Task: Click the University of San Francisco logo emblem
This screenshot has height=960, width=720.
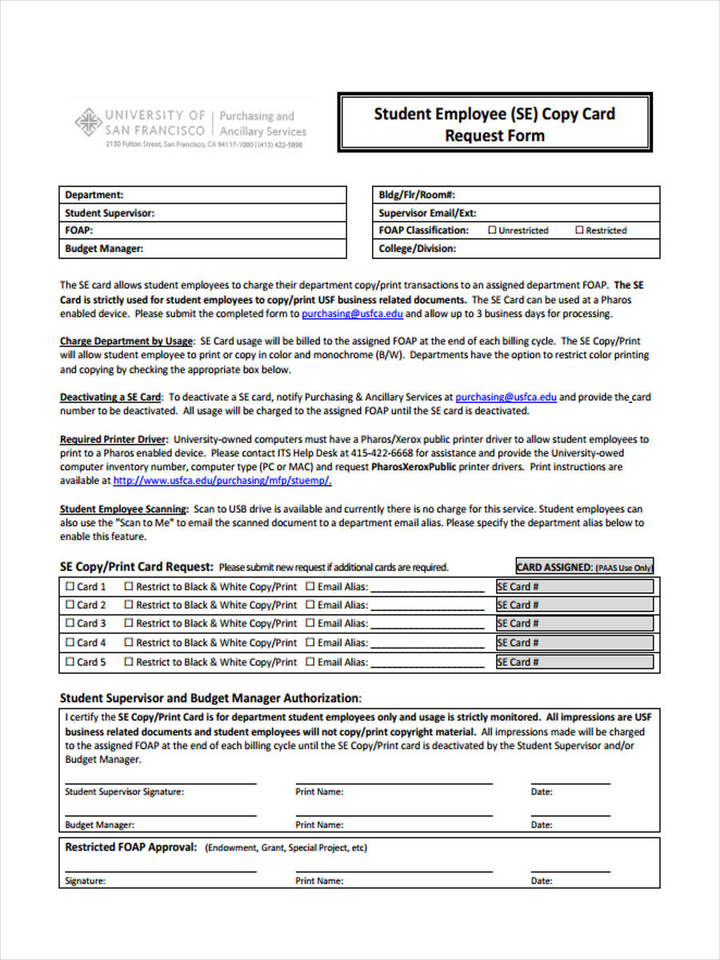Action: pyautogui.click(x=87, y=123)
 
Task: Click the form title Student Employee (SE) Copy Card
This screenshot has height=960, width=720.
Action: pyautogui.click(x=494, y=114)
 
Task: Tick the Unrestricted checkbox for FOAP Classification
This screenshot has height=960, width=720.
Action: pyautogui.click(x=492, y=230)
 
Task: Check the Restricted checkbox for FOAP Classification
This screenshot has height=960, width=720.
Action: pyautogui.click(x=579, y=230)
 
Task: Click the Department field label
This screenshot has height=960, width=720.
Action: pyautogui.click(x=94, y=194)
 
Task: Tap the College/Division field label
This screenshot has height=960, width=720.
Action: pyautogui.click(x=417, y=249)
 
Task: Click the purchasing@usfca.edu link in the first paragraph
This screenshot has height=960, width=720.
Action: pyautogui.click(x=352, y=314)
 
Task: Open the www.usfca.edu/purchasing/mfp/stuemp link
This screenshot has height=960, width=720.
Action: pyautogui.click(x=222, y=481)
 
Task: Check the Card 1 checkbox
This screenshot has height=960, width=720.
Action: pyautogui.click(x=70, y=586)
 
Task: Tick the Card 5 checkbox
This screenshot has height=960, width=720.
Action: pyautogui.click(x=70, y=662)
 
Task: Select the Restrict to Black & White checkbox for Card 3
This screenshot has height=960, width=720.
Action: pyautogui.click(x=127, y=623)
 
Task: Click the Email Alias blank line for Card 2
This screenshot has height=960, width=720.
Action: pyautogui.click(x=427, y=606)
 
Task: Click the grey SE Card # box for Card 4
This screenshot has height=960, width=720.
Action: pyautogui.click(x=574, y=642)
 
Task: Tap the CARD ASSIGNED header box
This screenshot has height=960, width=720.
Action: pyautogui.click(x=584, y=567)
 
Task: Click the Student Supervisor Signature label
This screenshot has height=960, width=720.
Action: pyautogui.click(x=124, y=792)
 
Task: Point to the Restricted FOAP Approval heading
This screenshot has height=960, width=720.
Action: pyautogui.click(x=130, y=847)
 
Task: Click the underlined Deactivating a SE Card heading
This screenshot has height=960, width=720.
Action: pyautogui.click(x=110, y=397)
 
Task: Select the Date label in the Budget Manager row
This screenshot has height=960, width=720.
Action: pyautogui.click(x=542, y=825)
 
